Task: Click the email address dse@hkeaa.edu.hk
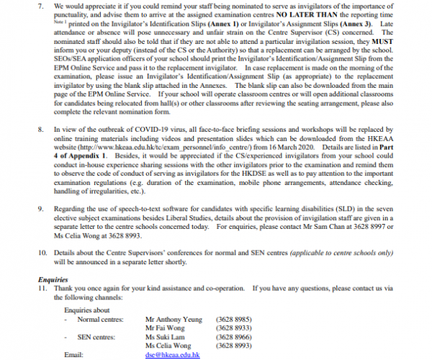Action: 172,355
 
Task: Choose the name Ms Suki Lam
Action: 166,336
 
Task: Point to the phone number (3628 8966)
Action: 233,336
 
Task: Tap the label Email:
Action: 74,355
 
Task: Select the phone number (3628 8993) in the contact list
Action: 233,345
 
